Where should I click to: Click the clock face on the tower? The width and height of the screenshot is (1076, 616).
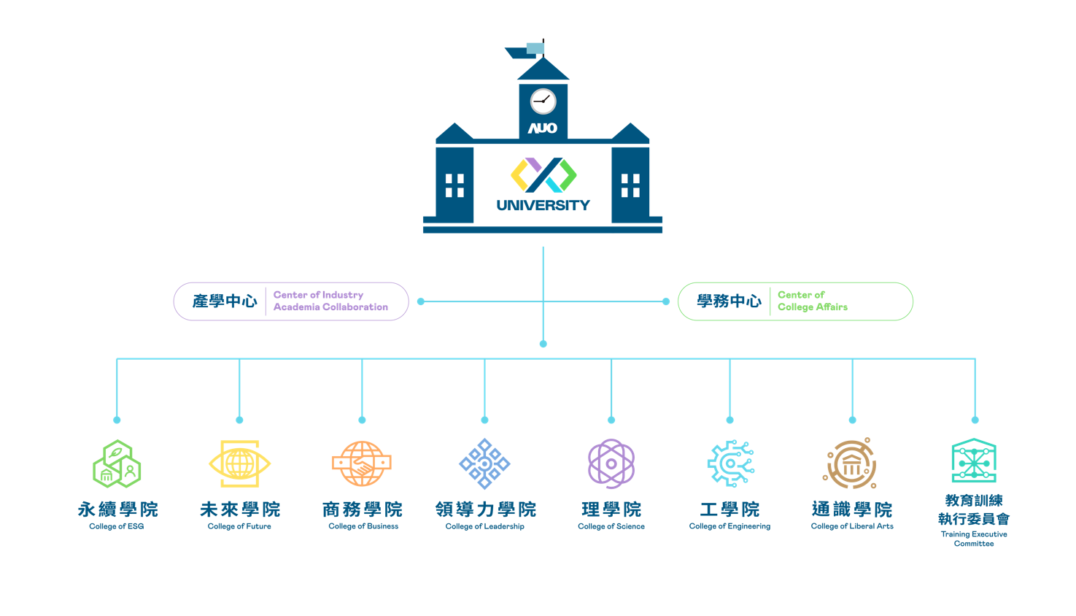point(543,101)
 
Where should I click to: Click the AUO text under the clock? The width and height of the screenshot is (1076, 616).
point(543,128)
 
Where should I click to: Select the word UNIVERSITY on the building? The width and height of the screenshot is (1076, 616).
point(543,206)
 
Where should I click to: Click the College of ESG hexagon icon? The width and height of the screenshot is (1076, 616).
point(117,464)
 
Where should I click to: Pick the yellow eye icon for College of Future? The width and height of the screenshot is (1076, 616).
point(239,463)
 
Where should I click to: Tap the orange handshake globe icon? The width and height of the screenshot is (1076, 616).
point(362,463)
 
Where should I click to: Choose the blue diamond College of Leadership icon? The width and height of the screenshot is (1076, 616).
point(484,463)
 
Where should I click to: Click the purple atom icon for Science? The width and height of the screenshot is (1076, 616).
point(611,463)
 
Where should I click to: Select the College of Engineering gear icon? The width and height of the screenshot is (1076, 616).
point(729,463)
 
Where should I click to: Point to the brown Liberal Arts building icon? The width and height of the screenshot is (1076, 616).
point(851,463)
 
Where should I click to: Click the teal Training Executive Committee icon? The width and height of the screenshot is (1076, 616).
point(974,461)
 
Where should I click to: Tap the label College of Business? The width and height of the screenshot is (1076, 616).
point(363,526)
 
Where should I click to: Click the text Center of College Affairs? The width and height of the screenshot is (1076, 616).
point(812,301)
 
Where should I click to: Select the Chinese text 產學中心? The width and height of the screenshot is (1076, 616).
point(225,301)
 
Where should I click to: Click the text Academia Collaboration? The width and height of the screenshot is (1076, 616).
point(330,307)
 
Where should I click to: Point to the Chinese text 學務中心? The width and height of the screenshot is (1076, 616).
point(729,301)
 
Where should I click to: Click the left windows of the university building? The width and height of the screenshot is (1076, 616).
point(454,185)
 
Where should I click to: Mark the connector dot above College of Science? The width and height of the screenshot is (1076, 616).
point(611,420)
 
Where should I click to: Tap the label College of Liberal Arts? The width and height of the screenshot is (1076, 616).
point(852,526)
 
